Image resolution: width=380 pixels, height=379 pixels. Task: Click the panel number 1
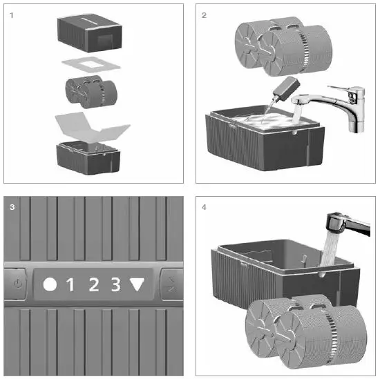(x=11, y=15)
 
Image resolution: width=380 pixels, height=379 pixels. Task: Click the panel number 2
(x=204, y=15)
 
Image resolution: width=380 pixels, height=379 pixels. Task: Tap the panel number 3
(x=12, y=207)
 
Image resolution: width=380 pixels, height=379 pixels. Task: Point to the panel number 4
(x=204, y=207)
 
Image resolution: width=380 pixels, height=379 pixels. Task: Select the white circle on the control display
(x=50, y=284)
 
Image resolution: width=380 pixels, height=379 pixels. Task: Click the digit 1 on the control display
(x=70, y=284)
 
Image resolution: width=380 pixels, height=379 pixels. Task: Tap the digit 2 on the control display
(x=94, y=284)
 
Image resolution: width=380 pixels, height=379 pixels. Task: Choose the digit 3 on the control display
(x=115, y=284)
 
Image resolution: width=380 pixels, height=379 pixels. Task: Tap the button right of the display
(x=171, y=284)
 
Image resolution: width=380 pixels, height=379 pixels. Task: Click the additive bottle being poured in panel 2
(x=286, y=90)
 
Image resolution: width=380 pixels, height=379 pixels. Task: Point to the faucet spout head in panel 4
(x=336, y=221)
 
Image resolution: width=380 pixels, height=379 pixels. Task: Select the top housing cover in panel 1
(x=89, y=33)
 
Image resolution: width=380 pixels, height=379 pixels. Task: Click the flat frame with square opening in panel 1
(x=91, y=64)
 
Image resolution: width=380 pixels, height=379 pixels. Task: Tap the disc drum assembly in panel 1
(x=91, y=92)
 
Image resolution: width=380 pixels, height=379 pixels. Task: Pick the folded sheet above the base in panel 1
(x=92, y=128)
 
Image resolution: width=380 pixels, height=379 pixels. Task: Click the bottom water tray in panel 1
(x=88, y=157)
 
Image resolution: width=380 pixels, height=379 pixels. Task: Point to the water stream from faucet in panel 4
(x=330, y=249)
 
